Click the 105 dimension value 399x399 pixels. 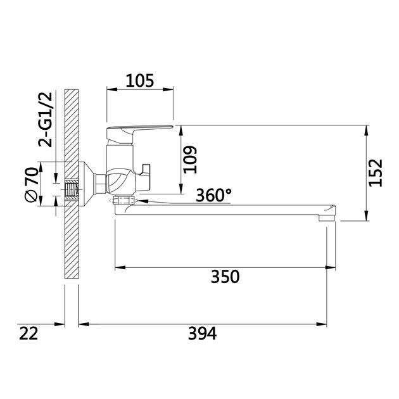click(x=140, y=80)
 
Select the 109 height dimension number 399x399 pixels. click(x=191, y=160)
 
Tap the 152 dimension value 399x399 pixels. click(x=376, y=173)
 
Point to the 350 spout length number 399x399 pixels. click(x=225, y=277)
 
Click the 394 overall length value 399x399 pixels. click(x=202, y=333)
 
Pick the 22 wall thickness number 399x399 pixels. click(x=28, y=333)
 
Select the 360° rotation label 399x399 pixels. click(x=214, y=195)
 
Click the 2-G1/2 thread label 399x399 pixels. click(x=46, y=120)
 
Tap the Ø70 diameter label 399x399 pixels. click(x=32, y=185)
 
